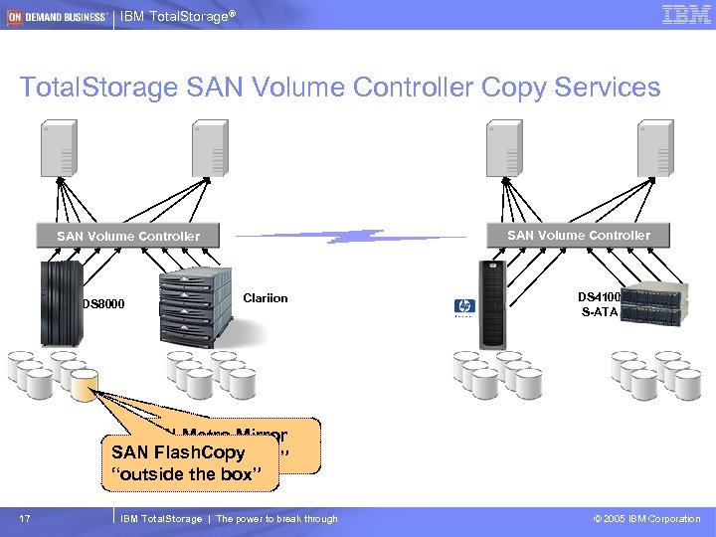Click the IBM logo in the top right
(x=686, y=14)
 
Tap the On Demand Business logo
(x=56, y=16)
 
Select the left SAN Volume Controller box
(x=128, y=236)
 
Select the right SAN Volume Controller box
(x=579, y=235)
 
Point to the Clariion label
(x=265, y=296)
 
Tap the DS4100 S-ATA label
(x=599, y=302)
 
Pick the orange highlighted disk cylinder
(x=84, y=383)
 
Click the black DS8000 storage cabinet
(x=60, y=302)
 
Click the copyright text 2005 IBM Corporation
(x=645, y=518)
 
